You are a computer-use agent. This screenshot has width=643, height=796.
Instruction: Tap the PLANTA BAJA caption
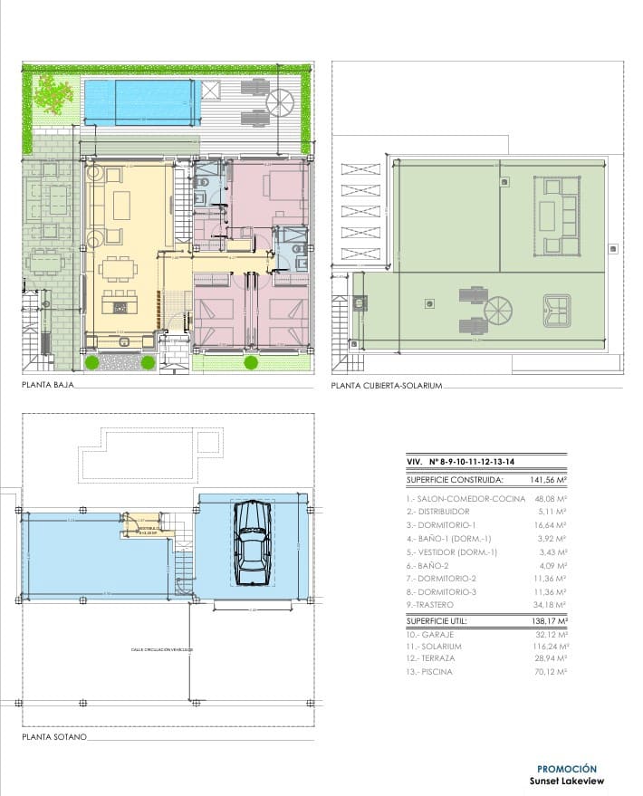click(x=46, y=385)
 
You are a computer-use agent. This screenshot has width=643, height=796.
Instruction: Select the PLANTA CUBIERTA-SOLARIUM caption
click(x=386, y=385)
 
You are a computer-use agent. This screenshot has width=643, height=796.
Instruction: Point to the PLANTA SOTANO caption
click(x=53, y=737)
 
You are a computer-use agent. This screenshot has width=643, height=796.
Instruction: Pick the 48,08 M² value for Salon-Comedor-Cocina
click(x=549, y=499)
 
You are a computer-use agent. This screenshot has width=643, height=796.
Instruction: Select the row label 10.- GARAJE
click(x=433, y=634)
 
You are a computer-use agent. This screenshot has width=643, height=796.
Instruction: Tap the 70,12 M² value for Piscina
click(x=549, y=672)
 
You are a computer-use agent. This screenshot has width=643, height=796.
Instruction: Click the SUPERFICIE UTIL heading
click(x=441, y=621)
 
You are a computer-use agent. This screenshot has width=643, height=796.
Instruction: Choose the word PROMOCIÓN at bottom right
click(x=567, y=768)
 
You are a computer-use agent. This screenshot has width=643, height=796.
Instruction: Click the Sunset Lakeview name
click(x=566, y=782)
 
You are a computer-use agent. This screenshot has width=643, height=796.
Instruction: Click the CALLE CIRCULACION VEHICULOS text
click(x=162, y=649)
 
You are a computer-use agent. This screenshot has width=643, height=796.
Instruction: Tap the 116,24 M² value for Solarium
click(x=549, y=647)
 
